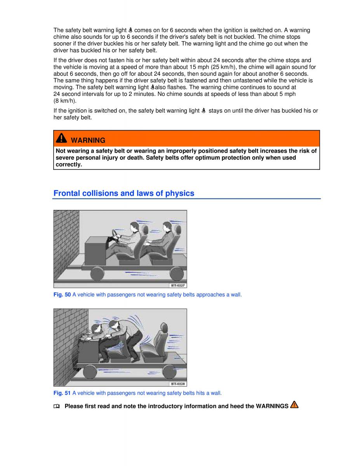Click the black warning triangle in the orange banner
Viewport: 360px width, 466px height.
coord(61,138)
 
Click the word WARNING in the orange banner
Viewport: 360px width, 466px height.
coord(88,141)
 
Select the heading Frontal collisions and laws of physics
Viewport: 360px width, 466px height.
coord(124,193)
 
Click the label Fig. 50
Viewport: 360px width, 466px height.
coord(62,295)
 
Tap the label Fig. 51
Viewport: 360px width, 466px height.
coord(62,393)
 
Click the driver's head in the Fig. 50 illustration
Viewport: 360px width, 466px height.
coord(134,228)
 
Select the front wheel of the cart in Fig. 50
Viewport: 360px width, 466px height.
coord(97,274)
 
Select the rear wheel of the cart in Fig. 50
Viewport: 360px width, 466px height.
coord(177,274)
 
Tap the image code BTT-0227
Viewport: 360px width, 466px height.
coord(178,285)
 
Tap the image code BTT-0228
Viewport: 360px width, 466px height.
coord(178,384)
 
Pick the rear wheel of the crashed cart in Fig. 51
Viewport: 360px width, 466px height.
coord(169,372)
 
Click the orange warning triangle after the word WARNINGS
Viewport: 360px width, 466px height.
coord(294,405)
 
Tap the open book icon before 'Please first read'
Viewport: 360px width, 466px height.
coord(56,406)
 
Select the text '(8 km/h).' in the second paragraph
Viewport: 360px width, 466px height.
coord(65,101)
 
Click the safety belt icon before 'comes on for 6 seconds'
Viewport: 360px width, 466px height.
coord(130,30)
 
